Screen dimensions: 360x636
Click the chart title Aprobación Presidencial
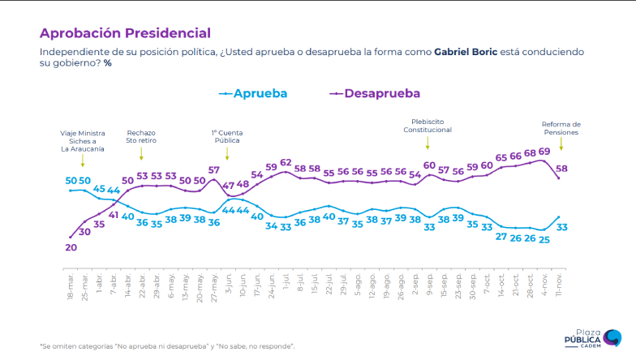pos(125,33)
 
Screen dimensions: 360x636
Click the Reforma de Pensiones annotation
pos(561,128)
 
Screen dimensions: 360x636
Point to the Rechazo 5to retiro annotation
pos(141,135)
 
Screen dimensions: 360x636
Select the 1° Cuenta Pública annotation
pos(227,135)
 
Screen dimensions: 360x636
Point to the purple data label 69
pos(544,152)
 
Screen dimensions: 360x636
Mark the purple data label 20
pos(71,247)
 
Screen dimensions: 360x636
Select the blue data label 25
pos(544,239)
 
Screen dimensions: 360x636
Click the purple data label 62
pos(286,162)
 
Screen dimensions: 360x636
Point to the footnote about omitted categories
pos(167,346)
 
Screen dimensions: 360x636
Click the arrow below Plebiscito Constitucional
pos(428,144)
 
